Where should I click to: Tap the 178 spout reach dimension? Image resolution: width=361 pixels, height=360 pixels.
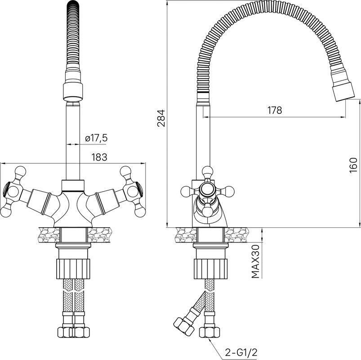pos(274,110)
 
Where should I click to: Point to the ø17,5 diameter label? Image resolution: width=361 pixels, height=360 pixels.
pos(96,138)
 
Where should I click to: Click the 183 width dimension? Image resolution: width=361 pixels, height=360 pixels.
pos(99,157)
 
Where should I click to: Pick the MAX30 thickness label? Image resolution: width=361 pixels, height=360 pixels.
pos(255,261)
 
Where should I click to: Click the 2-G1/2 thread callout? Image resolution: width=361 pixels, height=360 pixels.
pos(241,352)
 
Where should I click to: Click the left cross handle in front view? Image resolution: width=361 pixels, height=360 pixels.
pos(14,191)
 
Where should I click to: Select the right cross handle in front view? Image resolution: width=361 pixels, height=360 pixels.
pos(132,191)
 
